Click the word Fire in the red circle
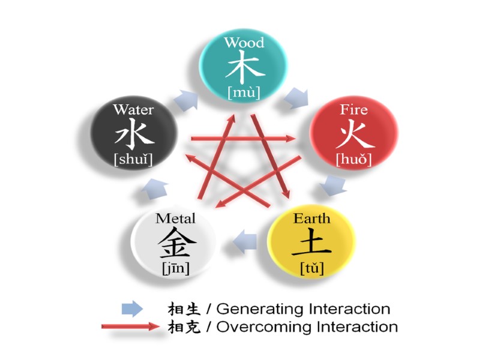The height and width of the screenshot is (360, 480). point(353,110)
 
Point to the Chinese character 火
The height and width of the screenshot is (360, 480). point(353,135)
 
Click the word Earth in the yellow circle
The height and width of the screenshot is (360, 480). point(311,218)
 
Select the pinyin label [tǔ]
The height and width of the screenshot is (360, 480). point(311,268)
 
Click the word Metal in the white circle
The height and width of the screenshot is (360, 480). point(175,218)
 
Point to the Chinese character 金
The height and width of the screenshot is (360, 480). point(175,243)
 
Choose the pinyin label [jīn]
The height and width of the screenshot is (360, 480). point(175,268)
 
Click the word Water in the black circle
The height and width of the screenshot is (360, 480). point(133,110)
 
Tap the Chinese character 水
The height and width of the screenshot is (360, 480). point(133,135)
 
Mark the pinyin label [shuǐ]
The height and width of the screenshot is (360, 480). point(133,160)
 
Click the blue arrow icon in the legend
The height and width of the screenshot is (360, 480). point(132,309)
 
